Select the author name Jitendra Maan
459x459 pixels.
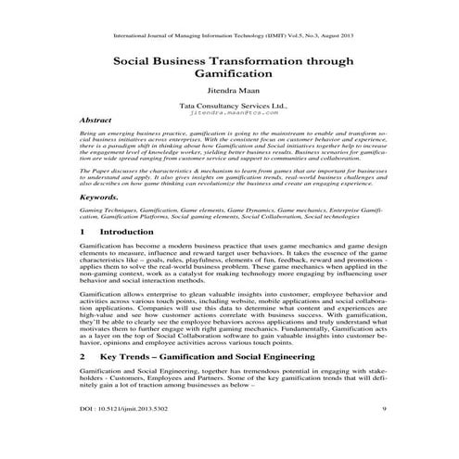pos(230,93)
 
